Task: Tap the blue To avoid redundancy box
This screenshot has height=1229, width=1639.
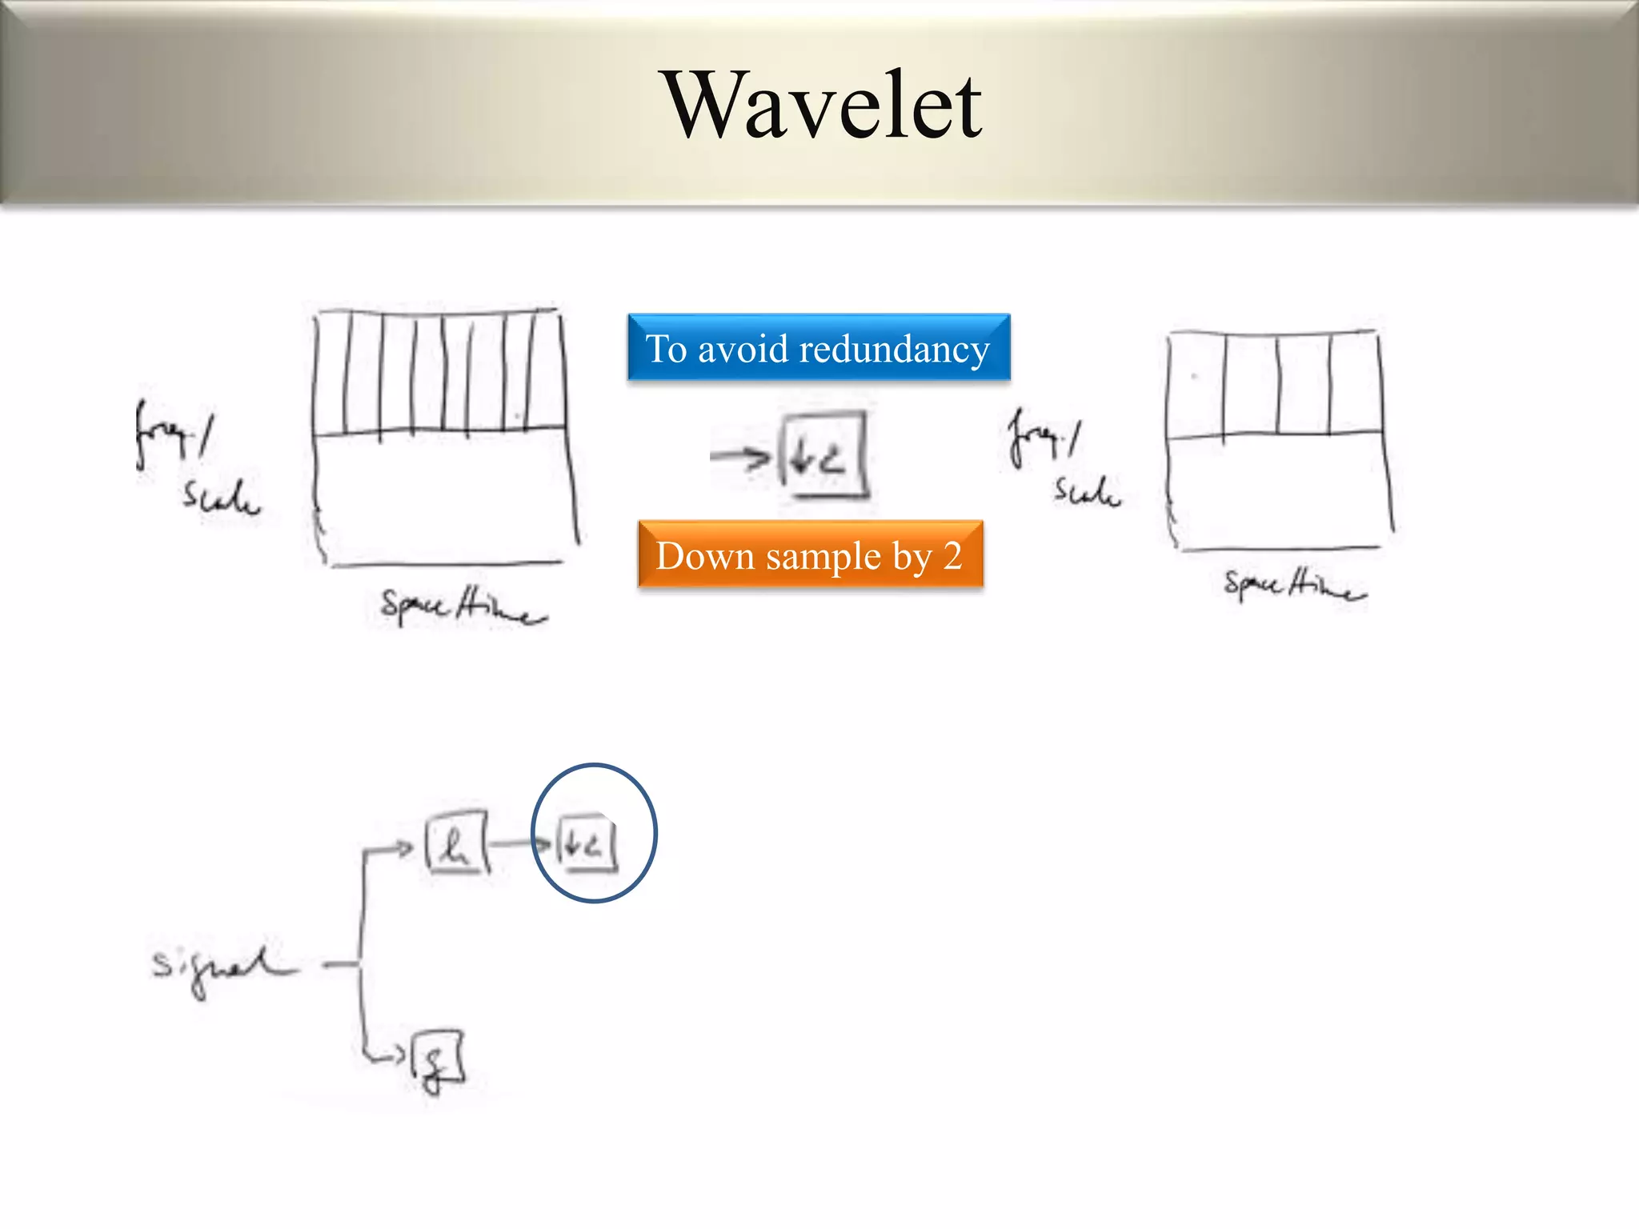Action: coord(819,347)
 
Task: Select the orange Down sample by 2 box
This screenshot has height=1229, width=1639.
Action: coord(810,554)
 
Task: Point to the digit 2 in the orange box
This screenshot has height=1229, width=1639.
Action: coord(952,554)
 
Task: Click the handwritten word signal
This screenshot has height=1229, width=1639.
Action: coord(220,967)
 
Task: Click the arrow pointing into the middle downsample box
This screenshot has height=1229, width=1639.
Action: coord(739,456)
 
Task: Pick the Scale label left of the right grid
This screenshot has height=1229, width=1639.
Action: coord(1087,490)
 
